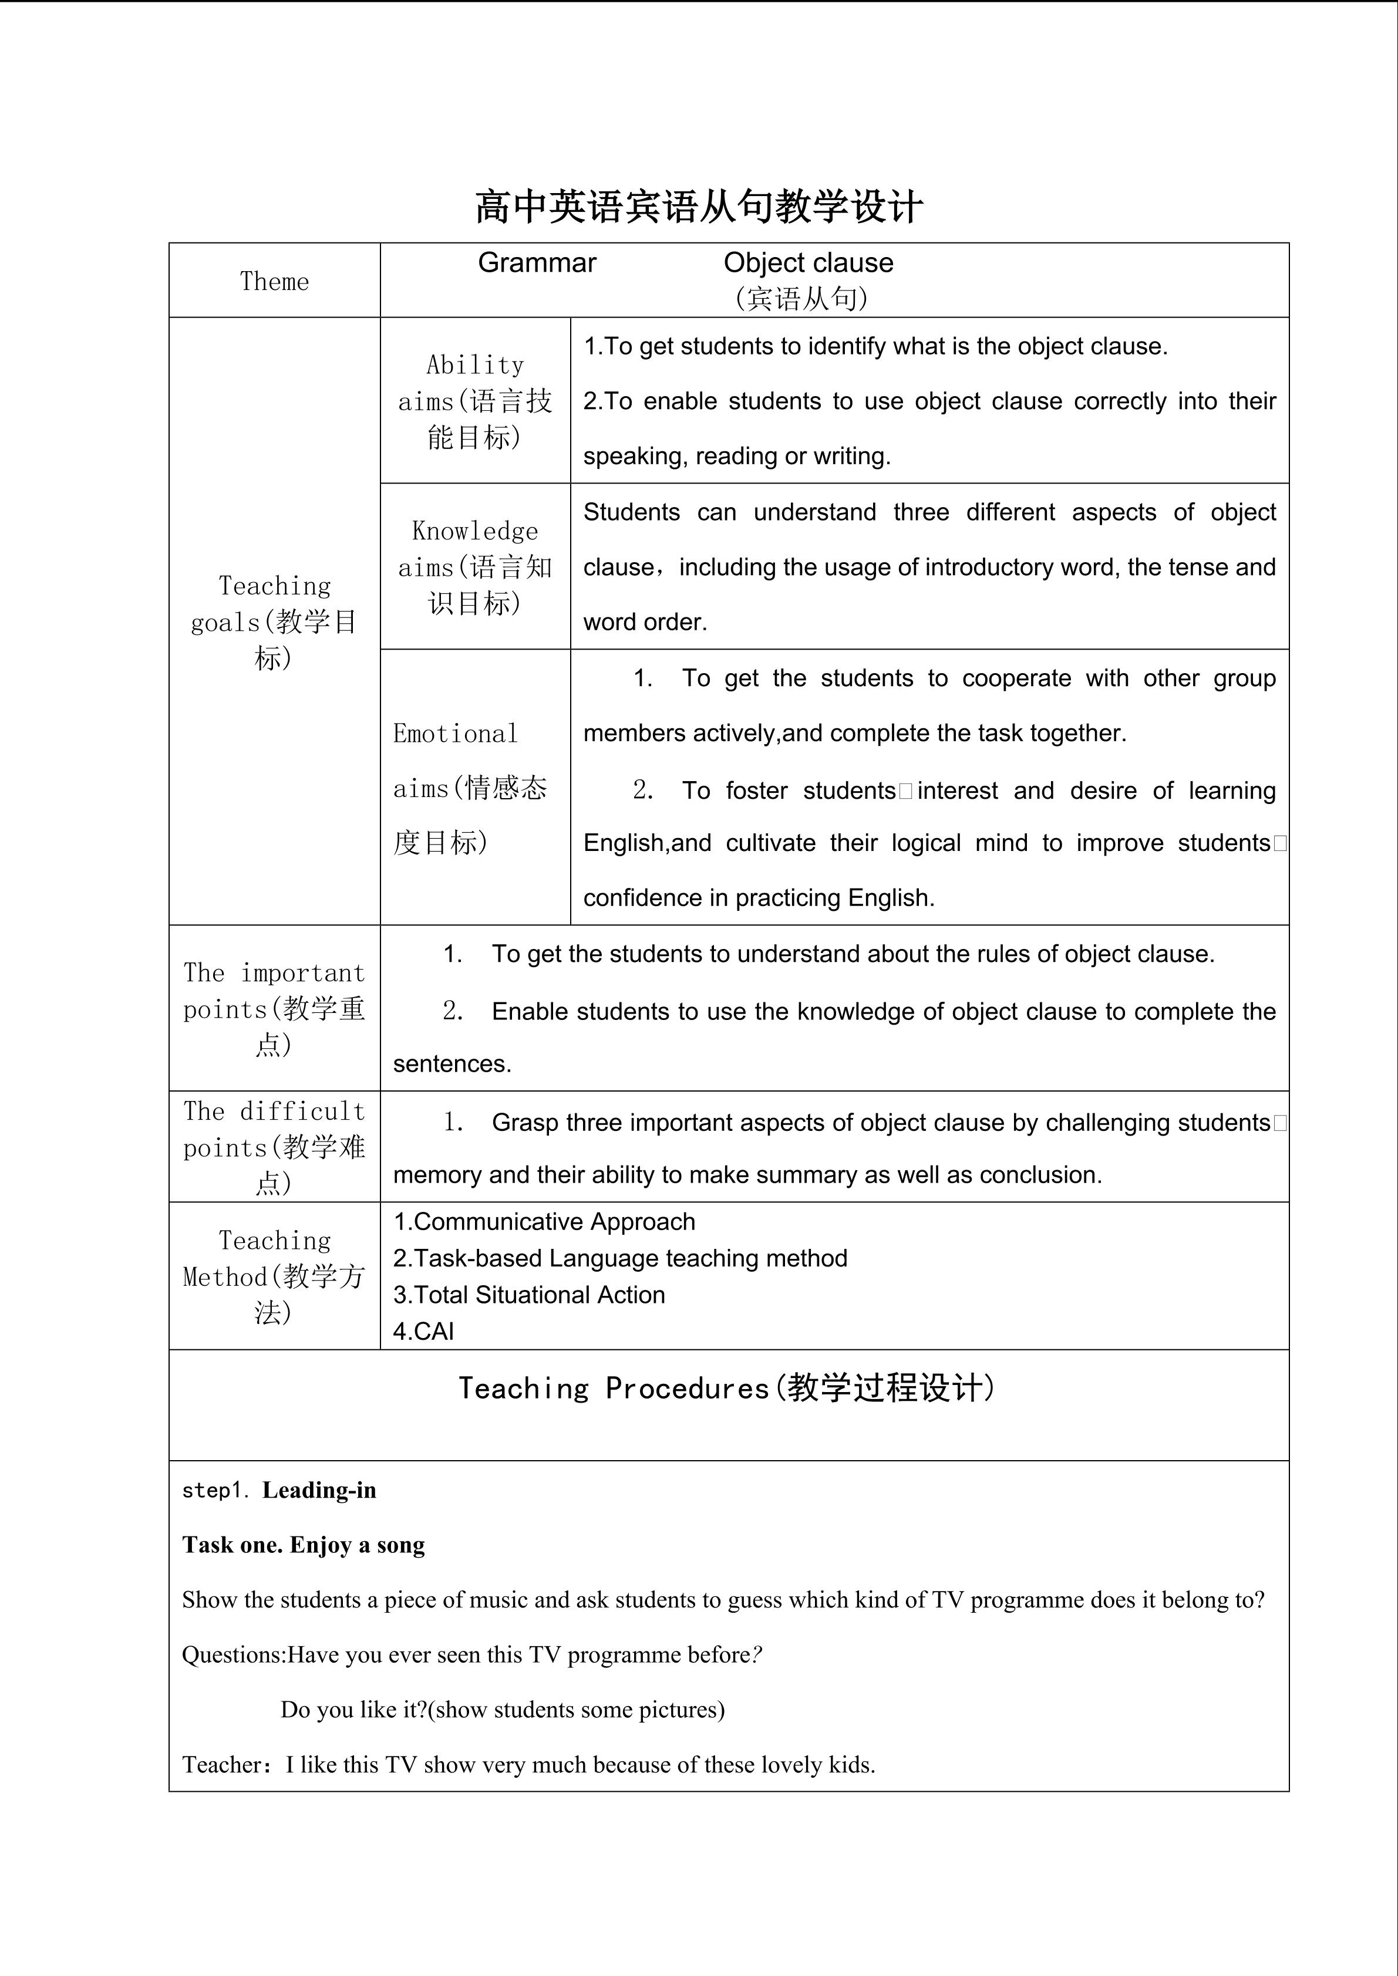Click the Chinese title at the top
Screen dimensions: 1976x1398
click(x=698, y=207)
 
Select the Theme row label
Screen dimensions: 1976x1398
click(x=274, y=282)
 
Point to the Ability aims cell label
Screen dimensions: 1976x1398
click(x=475, y=401)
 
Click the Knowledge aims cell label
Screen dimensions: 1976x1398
click(x=475, y=566)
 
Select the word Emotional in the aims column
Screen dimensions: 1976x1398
click(x=456, y=733)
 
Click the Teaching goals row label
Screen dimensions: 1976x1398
click(x=274, y=621)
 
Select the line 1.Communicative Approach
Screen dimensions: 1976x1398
click(x=544, y=1221)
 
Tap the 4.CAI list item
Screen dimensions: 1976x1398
click(x=423, y=1332)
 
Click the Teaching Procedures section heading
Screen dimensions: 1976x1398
click(x=726, y=1388)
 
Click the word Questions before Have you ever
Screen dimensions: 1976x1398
click(x=233, y=1654)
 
